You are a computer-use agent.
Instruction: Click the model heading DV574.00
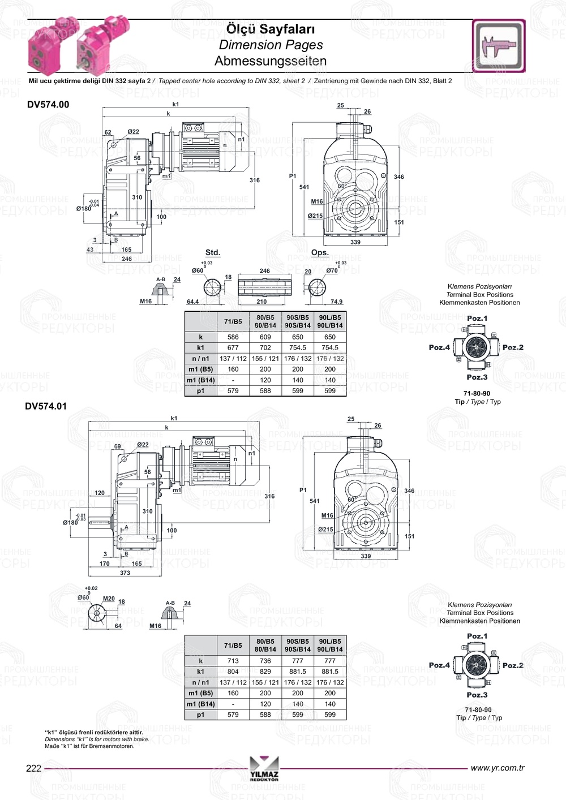48,105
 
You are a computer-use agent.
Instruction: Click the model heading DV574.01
46,406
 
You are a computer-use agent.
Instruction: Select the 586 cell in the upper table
233,337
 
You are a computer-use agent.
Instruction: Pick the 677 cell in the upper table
233,348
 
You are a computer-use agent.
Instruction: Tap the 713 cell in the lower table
233,661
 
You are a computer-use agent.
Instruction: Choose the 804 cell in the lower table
233,672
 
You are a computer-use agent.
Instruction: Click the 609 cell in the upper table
265,337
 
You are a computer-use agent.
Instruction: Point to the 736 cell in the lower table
265,661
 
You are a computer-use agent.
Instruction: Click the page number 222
34,768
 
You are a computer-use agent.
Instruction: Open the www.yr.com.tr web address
498,768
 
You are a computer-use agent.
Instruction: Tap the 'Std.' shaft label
212,252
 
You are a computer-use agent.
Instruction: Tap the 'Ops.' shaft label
320,252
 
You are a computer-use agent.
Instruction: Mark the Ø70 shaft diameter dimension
332,270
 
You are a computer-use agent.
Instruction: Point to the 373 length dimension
125,573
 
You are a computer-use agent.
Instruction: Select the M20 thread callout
109,599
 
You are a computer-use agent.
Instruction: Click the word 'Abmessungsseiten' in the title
271,61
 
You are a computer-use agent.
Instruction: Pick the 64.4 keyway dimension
192,302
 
